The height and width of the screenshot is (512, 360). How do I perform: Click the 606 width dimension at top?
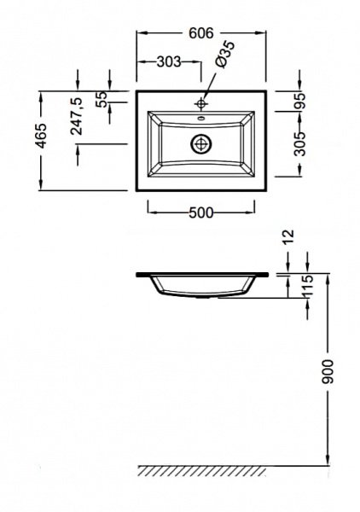pos(201,33)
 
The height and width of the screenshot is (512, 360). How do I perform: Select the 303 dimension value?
pos(169,61)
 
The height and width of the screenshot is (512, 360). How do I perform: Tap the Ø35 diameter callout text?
pos(225,55)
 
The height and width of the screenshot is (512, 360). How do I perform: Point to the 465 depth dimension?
pos(41,136)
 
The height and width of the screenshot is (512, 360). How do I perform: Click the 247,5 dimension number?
pos(77,116)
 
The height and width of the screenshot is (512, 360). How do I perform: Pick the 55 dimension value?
pos(102,99)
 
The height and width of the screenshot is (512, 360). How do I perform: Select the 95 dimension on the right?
pos(299,101)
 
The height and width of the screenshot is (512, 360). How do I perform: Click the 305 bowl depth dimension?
pos(299,144)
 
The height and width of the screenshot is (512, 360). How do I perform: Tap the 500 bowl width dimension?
pos(201,212)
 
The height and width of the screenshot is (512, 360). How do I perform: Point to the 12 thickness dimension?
pos(288,237)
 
